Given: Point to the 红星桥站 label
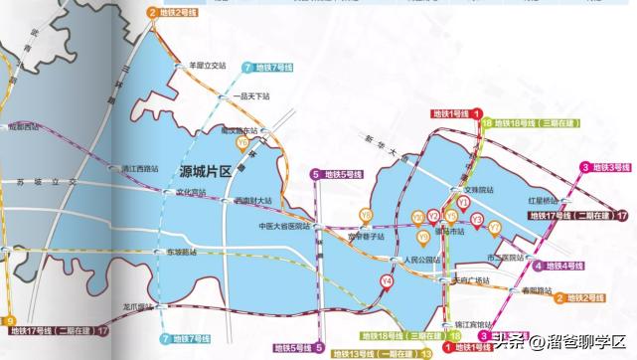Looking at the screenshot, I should coord(558,200).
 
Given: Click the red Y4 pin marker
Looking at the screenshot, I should coord(386,280).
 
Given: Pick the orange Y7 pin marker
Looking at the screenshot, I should coord(495,227).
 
